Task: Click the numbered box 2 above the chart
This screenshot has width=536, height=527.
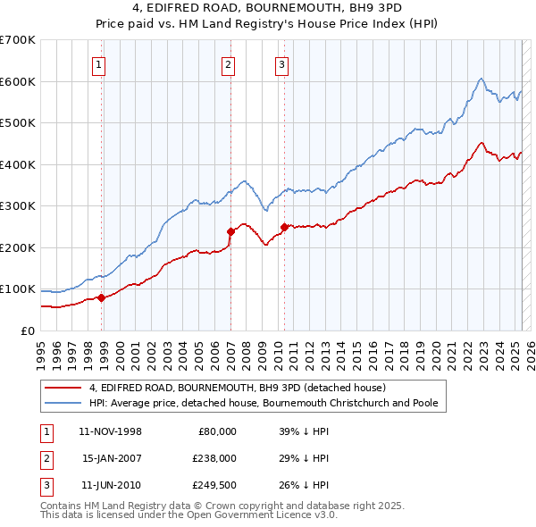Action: [228, 63]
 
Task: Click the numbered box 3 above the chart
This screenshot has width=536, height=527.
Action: [281, 63]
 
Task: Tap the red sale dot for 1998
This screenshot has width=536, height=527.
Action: [102, 297]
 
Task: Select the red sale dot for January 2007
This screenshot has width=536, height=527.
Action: [230, 231]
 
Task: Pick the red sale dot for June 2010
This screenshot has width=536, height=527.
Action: [284, 227]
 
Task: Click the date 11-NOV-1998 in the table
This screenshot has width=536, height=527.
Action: [111, 431]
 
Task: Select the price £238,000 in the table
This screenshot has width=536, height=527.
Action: [214, 458]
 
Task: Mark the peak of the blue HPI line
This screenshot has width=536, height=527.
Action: [481, 79]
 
